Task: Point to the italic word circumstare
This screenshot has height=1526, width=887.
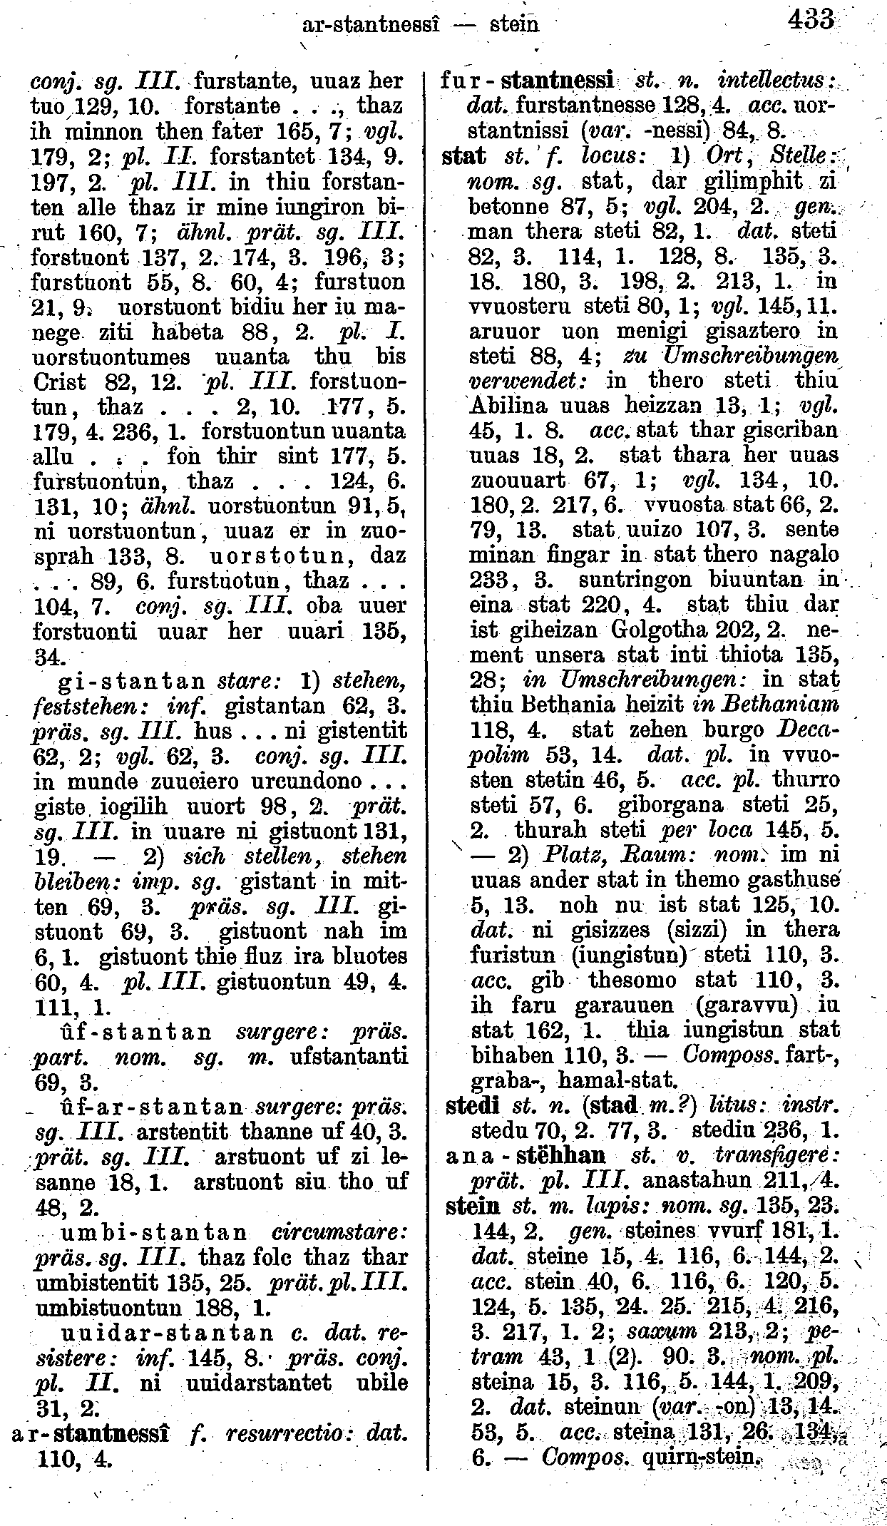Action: (x=339, y=1233)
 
